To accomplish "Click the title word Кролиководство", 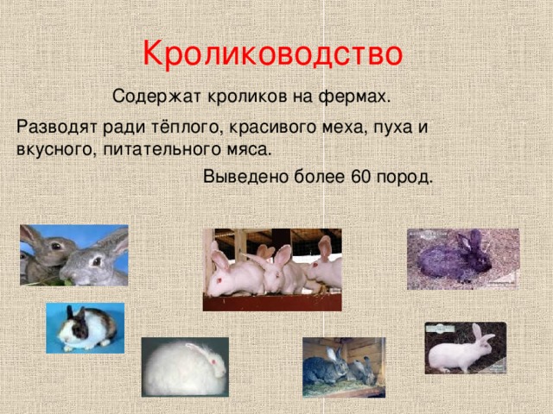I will coord(272,53).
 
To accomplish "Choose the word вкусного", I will coord(51,148).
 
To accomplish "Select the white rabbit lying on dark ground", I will coord(465,348).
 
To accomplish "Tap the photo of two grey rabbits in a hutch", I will coord(343,367).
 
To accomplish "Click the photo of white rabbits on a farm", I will coord(271,269).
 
